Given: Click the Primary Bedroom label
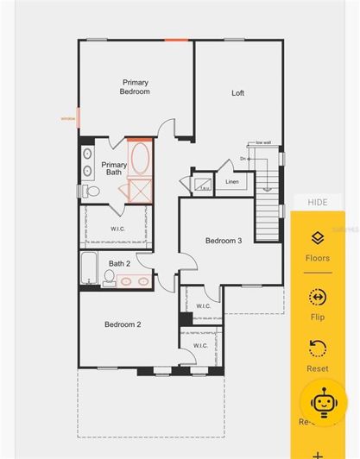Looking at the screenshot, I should pos(135,86).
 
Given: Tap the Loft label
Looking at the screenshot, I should pos(237,93).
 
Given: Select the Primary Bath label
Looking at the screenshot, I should pos(114,168).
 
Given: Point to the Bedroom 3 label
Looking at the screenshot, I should pos(223,241).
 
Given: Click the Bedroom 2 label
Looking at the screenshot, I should pos(123,324).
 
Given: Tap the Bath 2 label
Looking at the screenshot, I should pos(119,263).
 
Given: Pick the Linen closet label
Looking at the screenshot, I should pos(232,182).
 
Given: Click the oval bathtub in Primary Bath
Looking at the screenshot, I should pos(141,159).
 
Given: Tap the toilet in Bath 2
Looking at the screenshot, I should pos(110,277).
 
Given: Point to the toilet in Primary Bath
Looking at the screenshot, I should pos(85,190).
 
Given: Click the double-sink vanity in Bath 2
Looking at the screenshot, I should pos(134,280).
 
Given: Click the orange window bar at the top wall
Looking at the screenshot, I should pos(177,40).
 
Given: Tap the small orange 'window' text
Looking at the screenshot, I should pos(67,119).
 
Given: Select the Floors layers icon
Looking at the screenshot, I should pos(317,238).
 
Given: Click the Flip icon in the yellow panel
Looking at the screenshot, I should pos(317,298).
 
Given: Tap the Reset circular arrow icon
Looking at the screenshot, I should pos(317,349).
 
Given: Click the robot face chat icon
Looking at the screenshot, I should pos(323,401).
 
